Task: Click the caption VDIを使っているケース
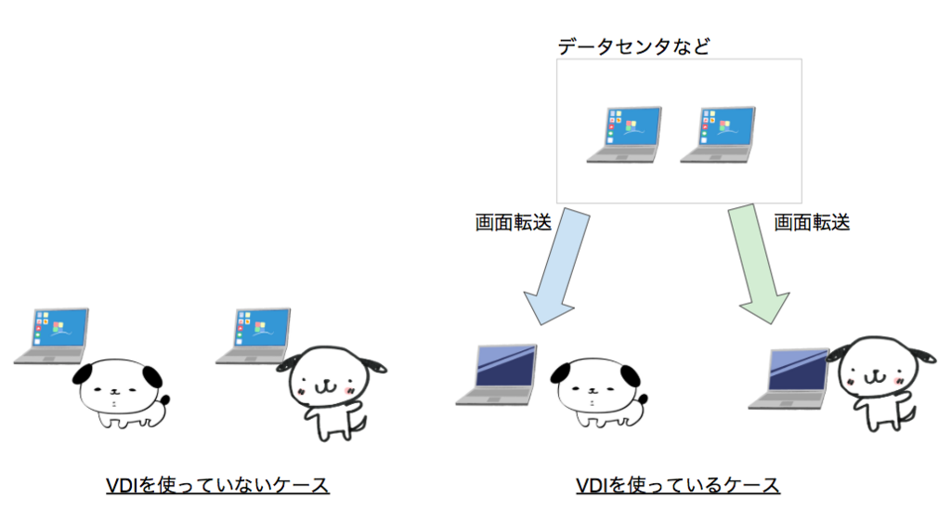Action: click(678, 485)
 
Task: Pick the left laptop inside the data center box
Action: click(624, 136)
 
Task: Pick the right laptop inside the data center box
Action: click(717, 136)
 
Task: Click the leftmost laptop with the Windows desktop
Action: click(54, 335)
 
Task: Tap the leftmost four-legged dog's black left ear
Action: click(86, 375)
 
